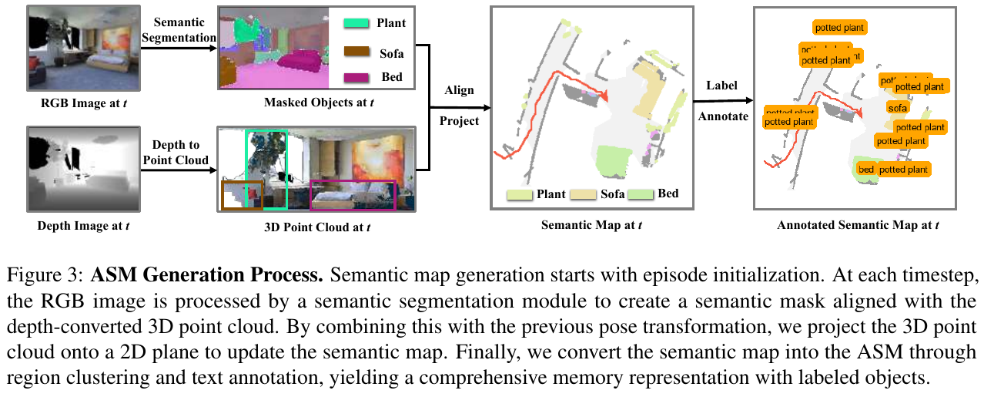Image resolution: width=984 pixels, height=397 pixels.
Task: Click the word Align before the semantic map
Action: [460, 90]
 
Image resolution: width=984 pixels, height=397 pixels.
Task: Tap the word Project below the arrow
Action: [460, 121]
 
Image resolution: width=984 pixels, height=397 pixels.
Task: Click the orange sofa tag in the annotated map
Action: [897, 108]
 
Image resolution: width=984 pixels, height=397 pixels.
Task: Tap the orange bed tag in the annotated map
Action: [866, 169]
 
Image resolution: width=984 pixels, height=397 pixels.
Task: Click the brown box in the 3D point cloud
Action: [242, 195]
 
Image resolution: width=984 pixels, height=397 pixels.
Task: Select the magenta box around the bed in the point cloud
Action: [352, 196]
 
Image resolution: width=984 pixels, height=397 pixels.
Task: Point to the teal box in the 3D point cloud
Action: [266, 169]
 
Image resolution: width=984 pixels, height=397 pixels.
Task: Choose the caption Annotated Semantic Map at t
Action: [858, 226]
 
